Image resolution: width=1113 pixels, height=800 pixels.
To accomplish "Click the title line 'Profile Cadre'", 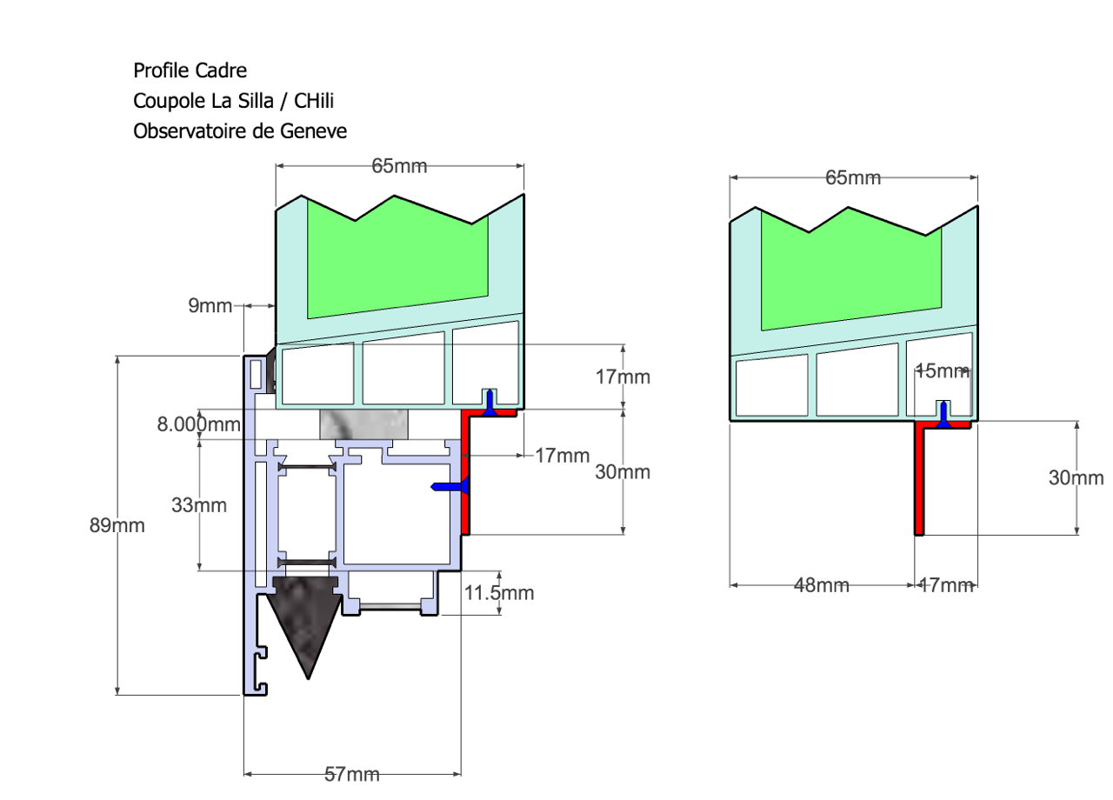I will (x=190, y=70).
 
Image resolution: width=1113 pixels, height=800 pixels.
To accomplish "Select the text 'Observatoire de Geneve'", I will (x=240, y=131).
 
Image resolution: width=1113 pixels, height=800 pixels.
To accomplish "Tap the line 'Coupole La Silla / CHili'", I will (x=233, y=101).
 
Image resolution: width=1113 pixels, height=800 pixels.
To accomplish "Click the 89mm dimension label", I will (x=117, y=525).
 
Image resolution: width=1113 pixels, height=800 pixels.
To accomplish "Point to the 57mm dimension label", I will (x=352, y=774).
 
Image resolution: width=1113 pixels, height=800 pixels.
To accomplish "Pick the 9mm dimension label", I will (x=210, y=305).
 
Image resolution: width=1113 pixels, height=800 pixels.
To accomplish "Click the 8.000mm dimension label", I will (x=198, y=424).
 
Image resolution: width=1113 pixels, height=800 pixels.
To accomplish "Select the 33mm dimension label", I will (x=199, y=505).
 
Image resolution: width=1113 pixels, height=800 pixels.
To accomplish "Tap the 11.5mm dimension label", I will (x=499, y=593).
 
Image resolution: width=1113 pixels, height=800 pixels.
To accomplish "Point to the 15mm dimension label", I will (x=942, y=371).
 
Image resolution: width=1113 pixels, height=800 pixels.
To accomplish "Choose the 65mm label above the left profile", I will (x=400, y=166).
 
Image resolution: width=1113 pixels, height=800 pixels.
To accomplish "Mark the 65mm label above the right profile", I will (x=853, y=178).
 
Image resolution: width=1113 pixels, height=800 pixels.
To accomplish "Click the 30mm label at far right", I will (x=1076, y=478).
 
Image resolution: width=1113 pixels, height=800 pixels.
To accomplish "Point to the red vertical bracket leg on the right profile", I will (x=919, y=483).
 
